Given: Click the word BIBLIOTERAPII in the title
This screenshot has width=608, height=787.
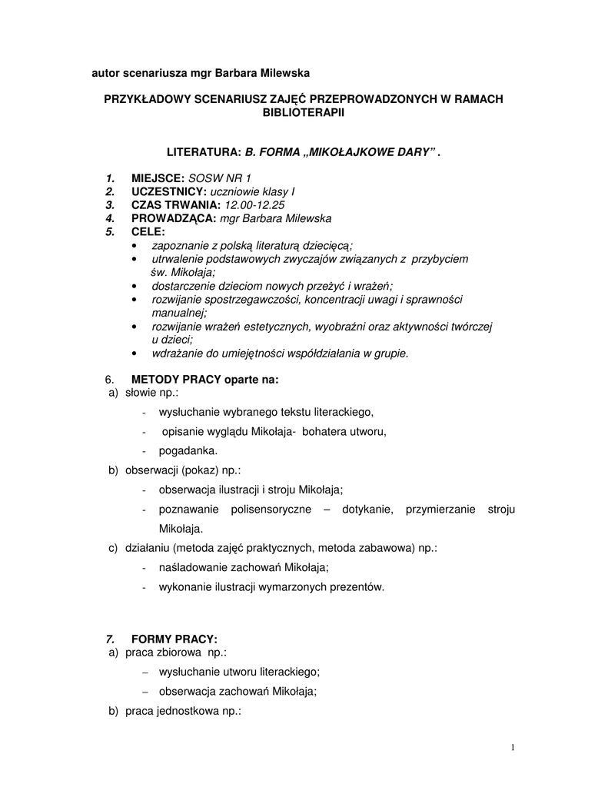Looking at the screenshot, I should click(304, 112).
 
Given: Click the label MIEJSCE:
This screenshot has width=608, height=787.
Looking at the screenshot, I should click(158, 178).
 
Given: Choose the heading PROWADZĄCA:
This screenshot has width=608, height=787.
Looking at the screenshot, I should click(174, 218).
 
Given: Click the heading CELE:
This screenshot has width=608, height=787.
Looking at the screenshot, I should click(148, 231).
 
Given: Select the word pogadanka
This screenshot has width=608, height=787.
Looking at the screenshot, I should click(188, 450).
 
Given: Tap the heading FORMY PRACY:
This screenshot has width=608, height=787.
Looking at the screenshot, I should click(174, 639).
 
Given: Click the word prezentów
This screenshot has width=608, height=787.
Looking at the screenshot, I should click(358, 587).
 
